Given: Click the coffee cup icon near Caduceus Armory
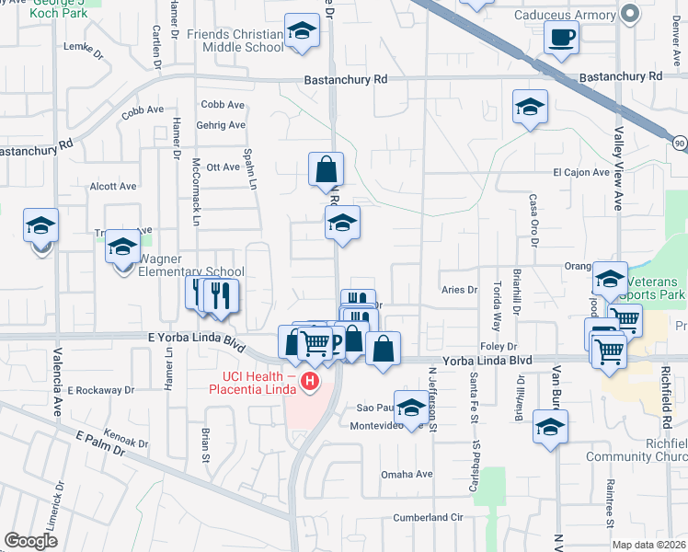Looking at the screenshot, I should [x=561, y=38].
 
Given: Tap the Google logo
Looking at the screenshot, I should [x=30, y=541].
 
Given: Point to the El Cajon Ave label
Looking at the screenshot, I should [x=580, y=172].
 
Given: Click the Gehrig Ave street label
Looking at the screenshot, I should [x=221, y=125].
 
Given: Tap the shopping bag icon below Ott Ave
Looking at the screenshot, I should [x=326, y=169].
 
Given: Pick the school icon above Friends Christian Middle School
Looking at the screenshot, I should [x=301, y=31].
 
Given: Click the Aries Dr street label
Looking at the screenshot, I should [x=459, y=290].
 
